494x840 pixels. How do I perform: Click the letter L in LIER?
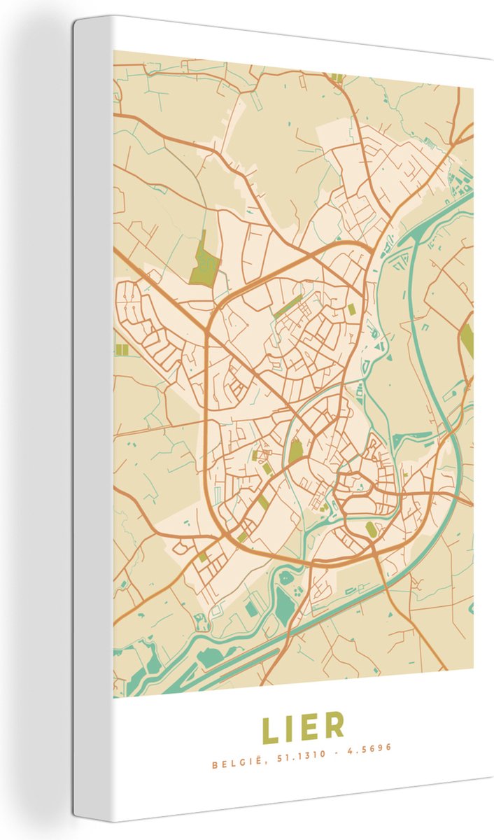coord(270,728)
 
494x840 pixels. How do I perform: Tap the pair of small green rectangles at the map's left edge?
coord(122,349)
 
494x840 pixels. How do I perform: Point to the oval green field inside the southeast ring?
coord(371,528)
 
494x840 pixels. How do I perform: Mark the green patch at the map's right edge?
coord(467,341)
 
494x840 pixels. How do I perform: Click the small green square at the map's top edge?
coord(337,78)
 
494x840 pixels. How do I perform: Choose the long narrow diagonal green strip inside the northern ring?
coord(288,306)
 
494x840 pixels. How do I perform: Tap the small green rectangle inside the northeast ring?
coord(351,309)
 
